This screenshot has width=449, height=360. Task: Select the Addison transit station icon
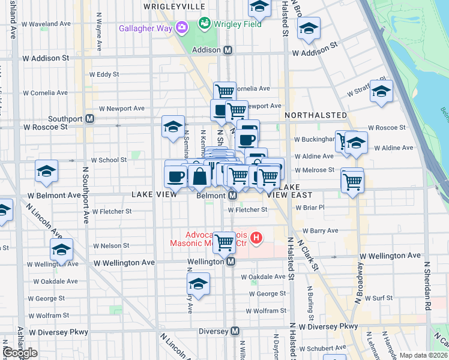(x=228, y=51)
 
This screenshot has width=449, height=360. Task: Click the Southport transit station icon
(x=89, y=119)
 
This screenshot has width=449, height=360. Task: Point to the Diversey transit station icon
(x=235, y=331)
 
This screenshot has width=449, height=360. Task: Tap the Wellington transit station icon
(x=230, y=262)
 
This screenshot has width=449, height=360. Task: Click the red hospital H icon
(x=256, y=238)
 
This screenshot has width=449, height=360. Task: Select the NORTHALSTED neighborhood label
(x=316, y=115)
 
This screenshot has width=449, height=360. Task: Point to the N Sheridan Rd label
(x=427, y=285)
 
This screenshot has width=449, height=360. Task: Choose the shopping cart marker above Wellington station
(x=224, y=242)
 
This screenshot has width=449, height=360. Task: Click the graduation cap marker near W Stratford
(x=381, y=91)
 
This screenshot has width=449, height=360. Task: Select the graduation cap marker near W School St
(x=46, y=171)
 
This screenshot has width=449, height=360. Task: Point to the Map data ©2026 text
(x=423, y=355)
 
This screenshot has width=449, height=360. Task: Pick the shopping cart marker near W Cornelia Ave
(x=224, y=92)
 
